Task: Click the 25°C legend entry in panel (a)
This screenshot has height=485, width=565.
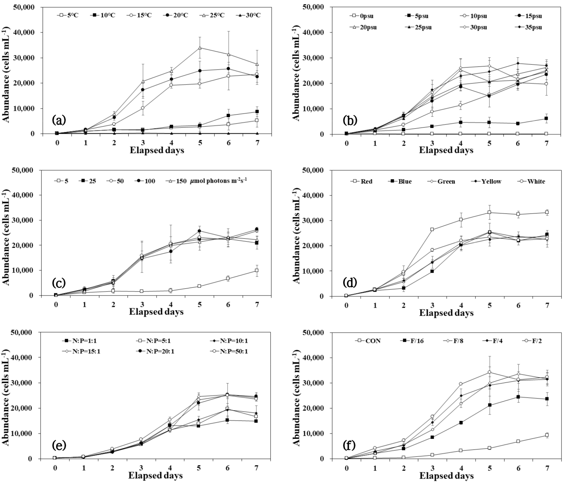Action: point(212,15)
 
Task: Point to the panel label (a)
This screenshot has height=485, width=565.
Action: point(59,120)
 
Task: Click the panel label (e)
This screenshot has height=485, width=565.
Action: point(59,445)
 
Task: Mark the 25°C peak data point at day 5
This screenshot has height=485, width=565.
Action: point(200,48)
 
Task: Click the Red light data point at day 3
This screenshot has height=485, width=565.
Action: point(432,229)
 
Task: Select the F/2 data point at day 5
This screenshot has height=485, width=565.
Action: point(489,372)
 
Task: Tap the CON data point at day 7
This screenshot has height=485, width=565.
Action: point(547,435)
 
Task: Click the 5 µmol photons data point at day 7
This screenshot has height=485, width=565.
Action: point(257,270)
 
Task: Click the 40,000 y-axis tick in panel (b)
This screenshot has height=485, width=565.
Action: point(314,32)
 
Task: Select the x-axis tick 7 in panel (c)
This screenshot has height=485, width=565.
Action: point(257,305)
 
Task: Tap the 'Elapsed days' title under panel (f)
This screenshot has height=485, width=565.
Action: point(446,476)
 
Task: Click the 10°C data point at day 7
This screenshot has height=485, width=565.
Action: point(257,111)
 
